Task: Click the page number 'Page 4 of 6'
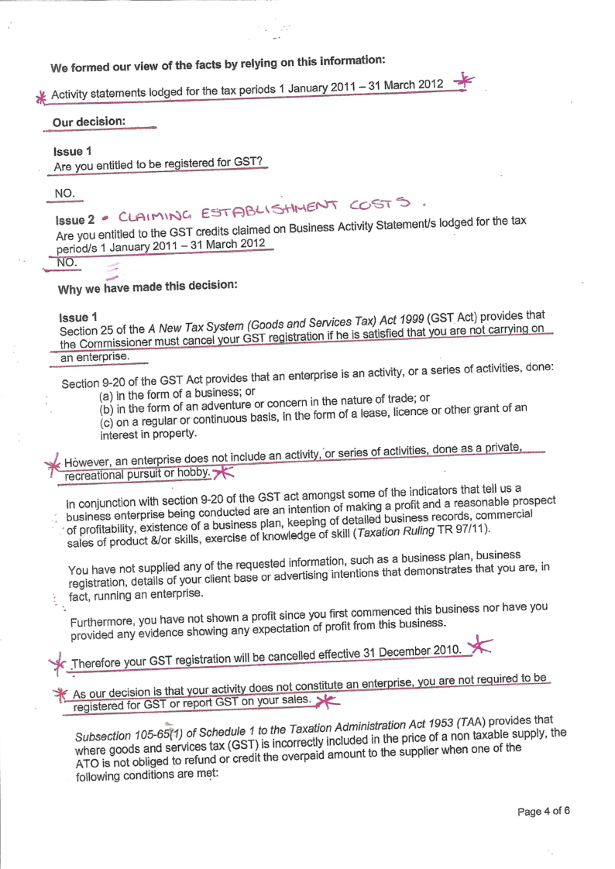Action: pos(544,812)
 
